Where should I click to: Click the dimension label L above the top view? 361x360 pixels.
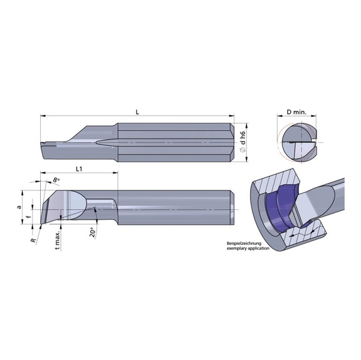(x=137, y=112)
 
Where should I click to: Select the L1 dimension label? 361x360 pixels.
(x=79, y=169)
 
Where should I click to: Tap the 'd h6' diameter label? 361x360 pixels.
(x=243, y=138)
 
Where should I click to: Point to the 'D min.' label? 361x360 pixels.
(x=296, y=112)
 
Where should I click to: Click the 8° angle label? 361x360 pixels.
(x=56, y=180)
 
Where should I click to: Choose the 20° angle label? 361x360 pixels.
(x=92, y=232)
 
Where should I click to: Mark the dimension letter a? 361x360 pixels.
(x=19, y=207)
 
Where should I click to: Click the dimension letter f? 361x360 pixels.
(x=28, y=217)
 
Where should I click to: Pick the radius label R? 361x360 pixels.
(x=34, y=240)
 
